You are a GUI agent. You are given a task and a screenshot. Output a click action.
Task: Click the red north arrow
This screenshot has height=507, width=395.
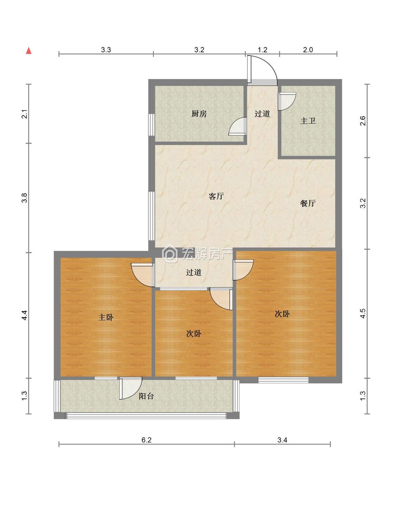(29, 51)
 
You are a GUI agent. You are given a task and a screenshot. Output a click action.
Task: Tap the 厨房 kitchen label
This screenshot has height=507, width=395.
(199, 114)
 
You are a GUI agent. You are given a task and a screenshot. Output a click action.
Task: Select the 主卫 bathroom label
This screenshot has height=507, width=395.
(308, 121)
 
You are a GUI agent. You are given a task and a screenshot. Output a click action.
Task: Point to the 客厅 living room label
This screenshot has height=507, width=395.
(216, 196)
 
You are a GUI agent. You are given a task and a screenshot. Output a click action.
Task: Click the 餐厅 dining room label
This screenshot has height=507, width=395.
(308, 203)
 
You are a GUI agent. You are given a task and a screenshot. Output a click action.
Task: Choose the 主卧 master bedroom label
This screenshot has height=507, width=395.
(106, 317)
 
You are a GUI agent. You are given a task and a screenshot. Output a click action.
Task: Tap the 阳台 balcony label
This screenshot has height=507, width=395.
(146, 396)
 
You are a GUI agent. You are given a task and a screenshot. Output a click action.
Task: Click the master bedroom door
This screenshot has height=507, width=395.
(142, 275)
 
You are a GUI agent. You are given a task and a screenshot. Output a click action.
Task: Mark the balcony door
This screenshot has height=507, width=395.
(130, 388)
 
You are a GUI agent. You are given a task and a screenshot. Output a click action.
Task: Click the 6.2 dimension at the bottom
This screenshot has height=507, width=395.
(146, 440)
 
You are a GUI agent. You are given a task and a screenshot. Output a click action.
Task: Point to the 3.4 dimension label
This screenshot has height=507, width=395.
(282, 440)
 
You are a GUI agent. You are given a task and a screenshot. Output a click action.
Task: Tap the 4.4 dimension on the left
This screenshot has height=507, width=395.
(25, 315)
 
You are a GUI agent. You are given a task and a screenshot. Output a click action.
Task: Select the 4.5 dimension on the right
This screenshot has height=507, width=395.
(363, 313)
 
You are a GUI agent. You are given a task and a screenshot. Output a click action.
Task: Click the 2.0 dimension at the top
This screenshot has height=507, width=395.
(308, 50)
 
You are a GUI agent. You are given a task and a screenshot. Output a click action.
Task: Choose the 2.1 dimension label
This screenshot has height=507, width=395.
(25, 114)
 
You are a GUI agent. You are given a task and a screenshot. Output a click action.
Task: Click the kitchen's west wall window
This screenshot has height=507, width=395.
(151, 125)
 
